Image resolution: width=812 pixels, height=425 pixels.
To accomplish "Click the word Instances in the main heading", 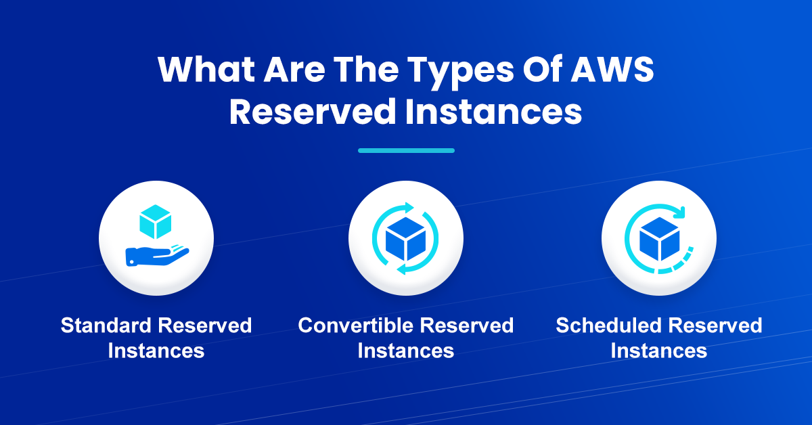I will (x=493, y=111).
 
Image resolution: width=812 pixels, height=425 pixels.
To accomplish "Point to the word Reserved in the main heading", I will (x=312, y=111).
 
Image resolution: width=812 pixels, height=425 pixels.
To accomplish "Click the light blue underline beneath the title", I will (x=406, y=150).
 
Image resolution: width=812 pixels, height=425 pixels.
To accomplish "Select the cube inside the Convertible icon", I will (x=405, y=239).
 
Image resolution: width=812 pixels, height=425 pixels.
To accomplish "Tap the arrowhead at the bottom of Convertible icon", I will (x=402, y=269).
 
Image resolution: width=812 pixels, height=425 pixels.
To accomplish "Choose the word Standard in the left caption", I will (x=106, y=326).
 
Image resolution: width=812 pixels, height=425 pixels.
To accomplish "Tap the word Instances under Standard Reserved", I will (x=156, y=351).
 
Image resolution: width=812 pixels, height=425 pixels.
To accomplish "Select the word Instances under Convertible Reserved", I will (x=405, y=351).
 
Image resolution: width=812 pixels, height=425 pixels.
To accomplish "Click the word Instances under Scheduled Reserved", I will (x=658, y=351).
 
